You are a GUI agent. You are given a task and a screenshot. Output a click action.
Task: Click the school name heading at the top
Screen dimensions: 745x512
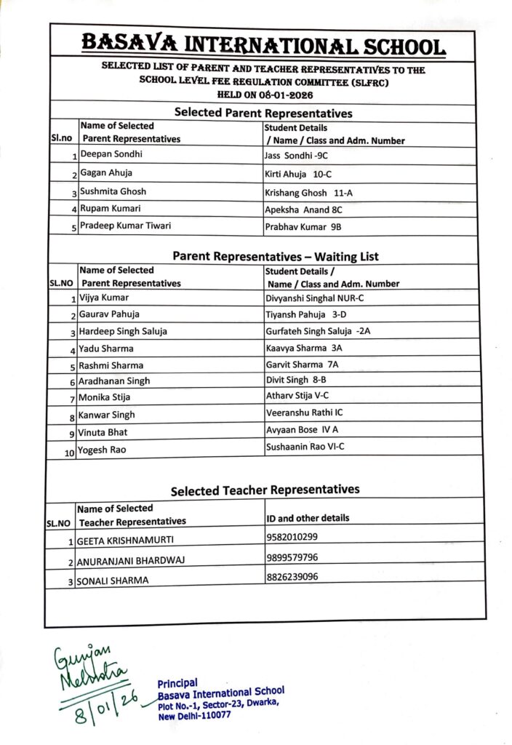[263, 45]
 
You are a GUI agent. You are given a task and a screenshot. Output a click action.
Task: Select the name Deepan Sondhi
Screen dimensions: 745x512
[111, 154]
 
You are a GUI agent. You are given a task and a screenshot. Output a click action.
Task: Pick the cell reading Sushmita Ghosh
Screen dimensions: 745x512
[113, 191]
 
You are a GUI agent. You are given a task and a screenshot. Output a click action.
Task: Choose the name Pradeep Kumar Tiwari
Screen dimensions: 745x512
[126, 226]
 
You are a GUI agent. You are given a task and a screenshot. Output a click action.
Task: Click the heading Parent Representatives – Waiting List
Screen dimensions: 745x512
[275, 256]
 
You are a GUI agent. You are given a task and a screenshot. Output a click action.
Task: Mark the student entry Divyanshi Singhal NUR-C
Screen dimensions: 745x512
[314, 298]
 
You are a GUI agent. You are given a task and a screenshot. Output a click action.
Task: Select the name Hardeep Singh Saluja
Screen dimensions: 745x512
[123, 331]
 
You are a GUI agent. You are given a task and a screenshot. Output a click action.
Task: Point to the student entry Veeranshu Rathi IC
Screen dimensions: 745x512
[305, 413]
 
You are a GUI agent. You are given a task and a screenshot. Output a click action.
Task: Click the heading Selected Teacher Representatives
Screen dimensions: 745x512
[265, 490]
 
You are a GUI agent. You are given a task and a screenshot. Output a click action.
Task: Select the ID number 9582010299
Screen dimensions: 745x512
[292, 537]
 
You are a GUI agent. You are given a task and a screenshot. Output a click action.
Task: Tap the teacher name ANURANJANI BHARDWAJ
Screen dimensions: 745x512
[130, 562]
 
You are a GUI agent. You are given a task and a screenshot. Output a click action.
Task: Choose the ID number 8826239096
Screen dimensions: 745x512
[292, 576]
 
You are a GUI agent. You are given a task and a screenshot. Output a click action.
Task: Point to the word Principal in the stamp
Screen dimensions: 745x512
[177, 682]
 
